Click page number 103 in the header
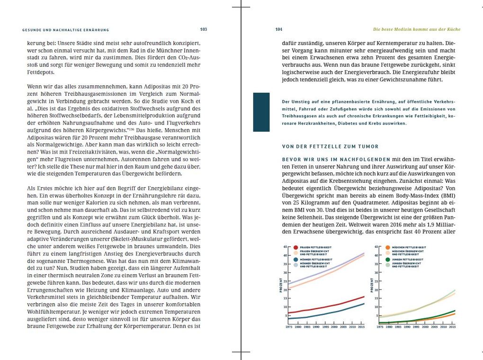(204, 29)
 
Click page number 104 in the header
(279, 29)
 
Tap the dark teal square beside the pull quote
(261, 112)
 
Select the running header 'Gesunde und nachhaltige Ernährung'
(66, 30)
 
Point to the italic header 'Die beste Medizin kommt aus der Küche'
(416, 29)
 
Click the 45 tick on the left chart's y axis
(285, 247)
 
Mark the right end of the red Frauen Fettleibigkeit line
(364, 297)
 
